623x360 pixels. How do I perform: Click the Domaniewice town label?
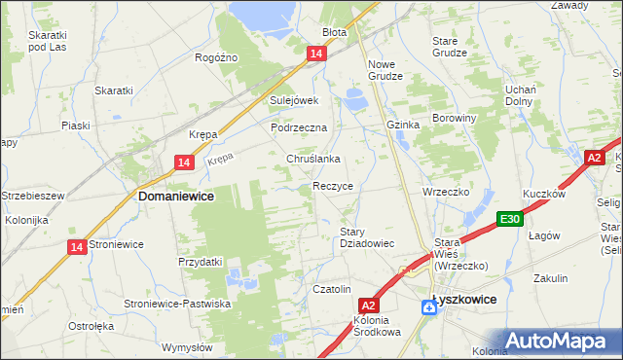(176, 196)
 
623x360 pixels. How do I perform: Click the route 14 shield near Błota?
(316, 55)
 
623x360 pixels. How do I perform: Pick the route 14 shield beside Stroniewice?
(76, 248)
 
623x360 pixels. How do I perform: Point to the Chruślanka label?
(312, 159)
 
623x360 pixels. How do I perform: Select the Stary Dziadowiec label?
(366, 237)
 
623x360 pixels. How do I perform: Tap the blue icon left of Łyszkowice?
(429, 307)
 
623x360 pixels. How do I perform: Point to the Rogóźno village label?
(216, 58)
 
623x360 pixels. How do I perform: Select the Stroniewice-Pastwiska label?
(177, 305)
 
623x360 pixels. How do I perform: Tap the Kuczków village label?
(544, 194)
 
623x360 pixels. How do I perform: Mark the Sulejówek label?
(295, 100)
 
